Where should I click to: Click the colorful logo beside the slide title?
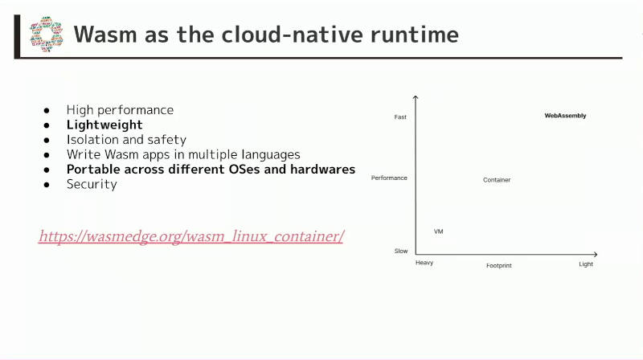click(47, 35)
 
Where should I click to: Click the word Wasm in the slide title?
click(105, 35)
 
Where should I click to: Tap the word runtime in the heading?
click(415, 35)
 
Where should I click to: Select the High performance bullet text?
click(120, 110)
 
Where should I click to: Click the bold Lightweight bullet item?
click(104, 125)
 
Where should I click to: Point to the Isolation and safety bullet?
click(126, 140)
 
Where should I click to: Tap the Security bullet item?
click(92, 185)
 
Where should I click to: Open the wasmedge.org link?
click(191, 236)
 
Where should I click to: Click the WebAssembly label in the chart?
click(565, 116)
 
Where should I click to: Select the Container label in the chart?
click(497, 179)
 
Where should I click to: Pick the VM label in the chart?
click(438, 231)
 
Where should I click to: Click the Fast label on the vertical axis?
click(400, 117)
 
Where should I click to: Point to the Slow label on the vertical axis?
click(401, 251)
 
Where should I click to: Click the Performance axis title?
click(389, 178)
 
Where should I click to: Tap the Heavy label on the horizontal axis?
click(424, 263)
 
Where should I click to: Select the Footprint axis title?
click(499, 266)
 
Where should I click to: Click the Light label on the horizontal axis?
click(586, 264)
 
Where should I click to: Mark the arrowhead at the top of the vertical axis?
click(416, 96)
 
